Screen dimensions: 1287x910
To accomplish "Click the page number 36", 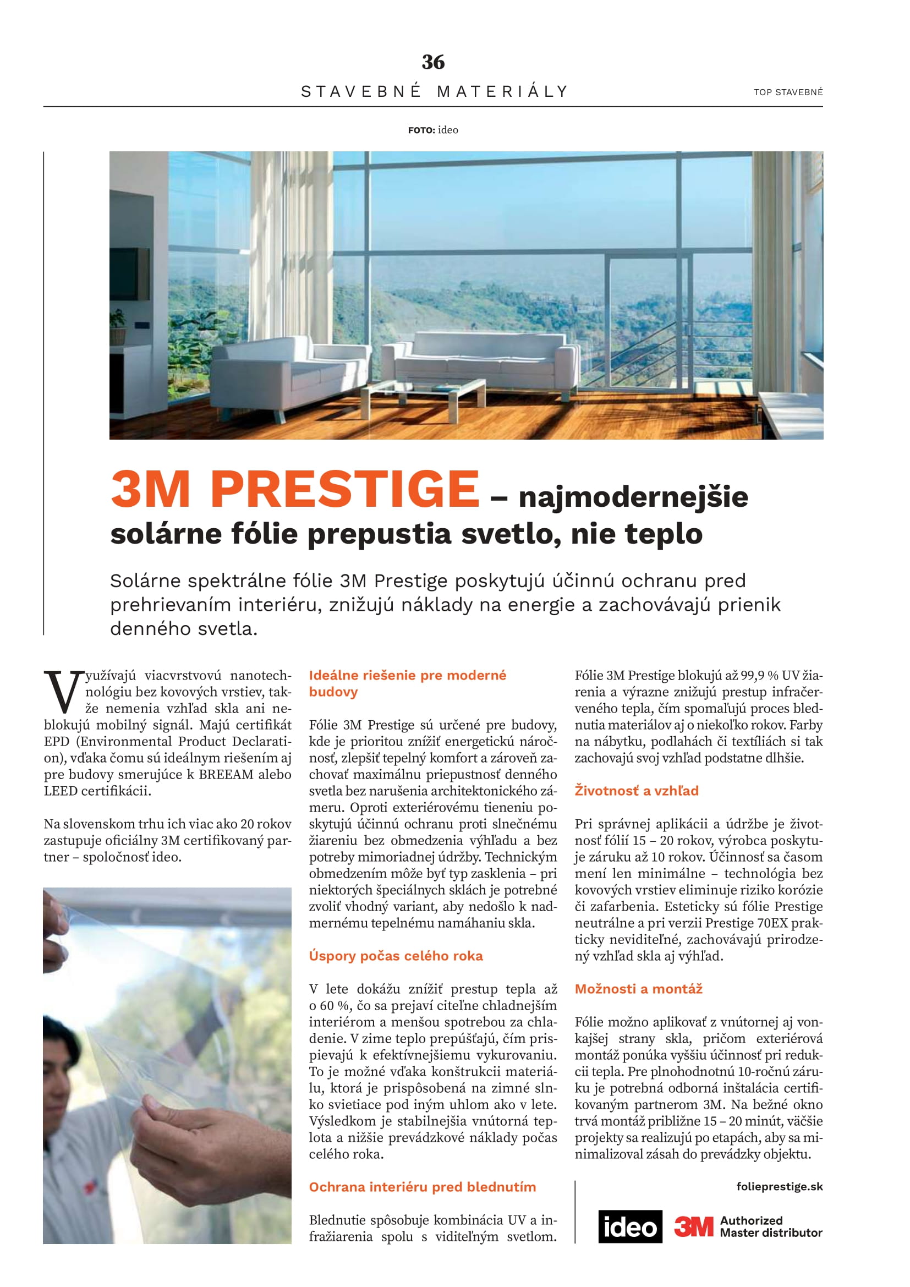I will pos(432,62).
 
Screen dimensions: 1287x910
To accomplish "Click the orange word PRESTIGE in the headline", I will pos(344,489).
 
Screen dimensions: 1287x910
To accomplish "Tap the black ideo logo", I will pos(630,1226).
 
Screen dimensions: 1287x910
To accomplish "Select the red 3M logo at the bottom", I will pos(693,1226).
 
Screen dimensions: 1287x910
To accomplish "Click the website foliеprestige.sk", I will pos(779,1186).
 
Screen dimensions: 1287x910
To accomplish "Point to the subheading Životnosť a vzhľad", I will pos(636,790).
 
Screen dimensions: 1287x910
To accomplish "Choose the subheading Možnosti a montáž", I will pos(638,989).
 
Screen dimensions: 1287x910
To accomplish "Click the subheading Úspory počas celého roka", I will pos(396,956).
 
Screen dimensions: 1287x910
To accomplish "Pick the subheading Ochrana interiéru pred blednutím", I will pos(422,1187).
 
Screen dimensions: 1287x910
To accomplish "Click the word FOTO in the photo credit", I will pos(421,130).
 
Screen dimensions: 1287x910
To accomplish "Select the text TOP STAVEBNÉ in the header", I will pos(788,92).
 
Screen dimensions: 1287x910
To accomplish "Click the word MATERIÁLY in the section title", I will pos(503,91).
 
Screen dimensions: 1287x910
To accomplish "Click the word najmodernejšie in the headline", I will pos(633,497).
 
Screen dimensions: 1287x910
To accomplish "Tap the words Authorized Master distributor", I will pos(770,1226).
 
